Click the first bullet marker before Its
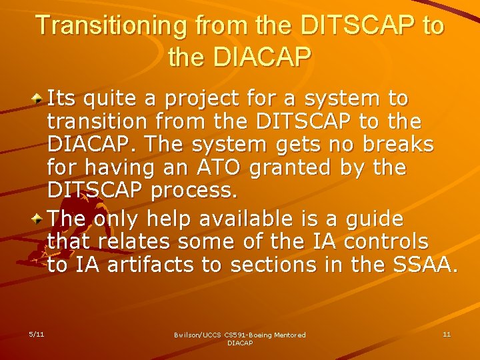click(x=39, y=99)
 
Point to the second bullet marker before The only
click(x=39, y=219)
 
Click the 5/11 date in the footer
click(x=36, y=333)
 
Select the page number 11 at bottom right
click(x=447, y=333)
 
